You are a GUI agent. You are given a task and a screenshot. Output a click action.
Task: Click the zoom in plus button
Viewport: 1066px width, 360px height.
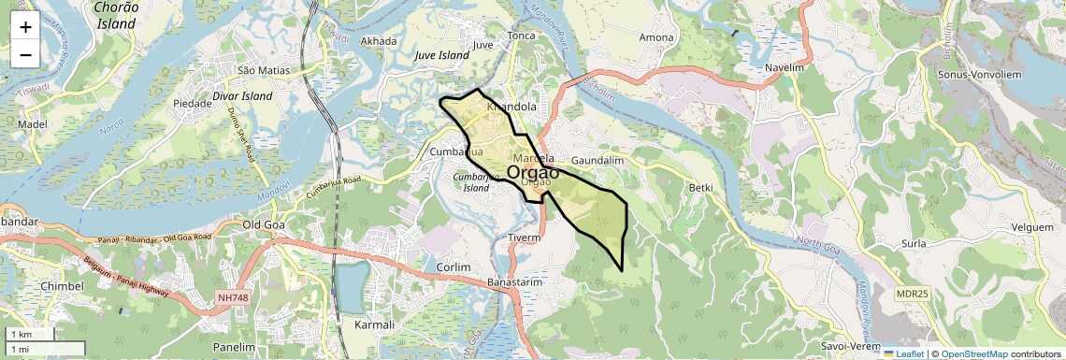point(25,26)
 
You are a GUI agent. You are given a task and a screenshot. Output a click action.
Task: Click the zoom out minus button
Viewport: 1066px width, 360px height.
point(25,54)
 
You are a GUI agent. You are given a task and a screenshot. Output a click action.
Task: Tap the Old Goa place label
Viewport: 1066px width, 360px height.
point(264,224)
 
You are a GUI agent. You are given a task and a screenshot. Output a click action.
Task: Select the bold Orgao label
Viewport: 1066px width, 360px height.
point(533,172)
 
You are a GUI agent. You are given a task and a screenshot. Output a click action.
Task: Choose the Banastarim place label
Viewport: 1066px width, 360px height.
point(515,281)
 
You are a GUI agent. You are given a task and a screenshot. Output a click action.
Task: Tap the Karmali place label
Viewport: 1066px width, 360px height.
point(376,324)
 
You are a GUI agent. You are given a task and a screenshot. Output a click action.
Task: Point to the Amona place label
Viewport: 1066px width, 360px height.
point(655,37)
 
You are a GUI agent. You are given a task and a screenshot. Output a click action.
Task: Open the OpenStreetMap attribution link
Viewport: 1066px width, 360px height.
point(973,353)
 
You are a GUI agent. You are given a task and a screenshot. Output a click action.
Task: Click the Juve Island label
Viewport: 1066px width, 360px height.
point(441,55)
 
